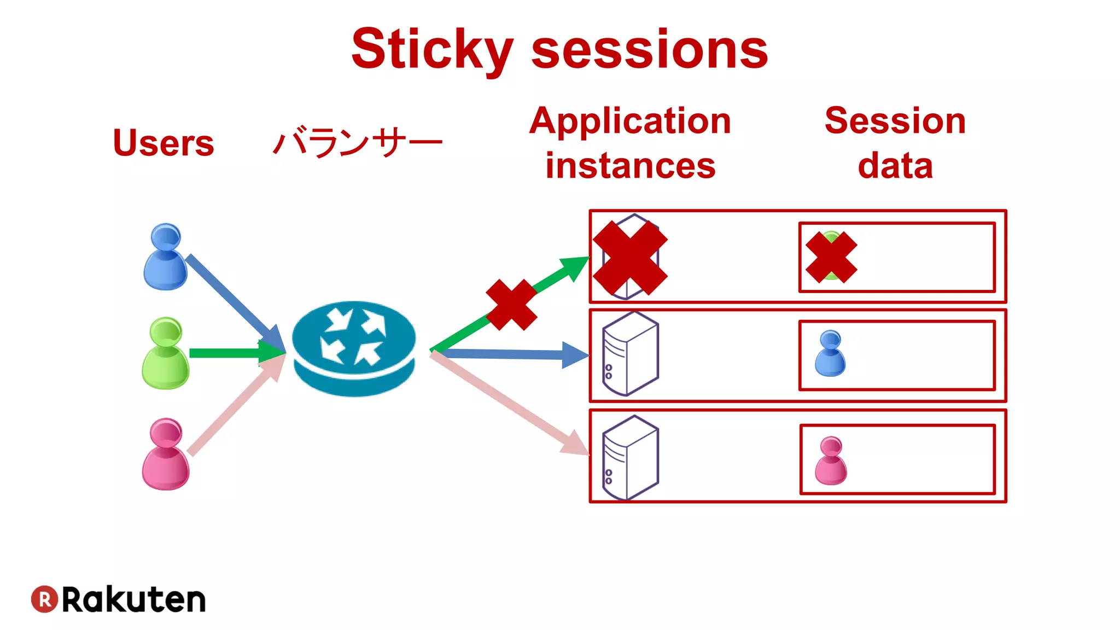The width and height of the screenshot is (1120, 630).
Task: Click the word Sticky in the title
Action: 432,50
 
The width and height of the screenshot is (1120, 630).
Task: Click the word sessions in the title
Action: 650,50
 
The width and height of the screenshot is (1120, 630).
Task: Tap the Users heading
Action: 163,143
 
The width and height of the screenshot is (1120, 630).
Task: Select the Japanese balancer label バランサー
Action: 357,143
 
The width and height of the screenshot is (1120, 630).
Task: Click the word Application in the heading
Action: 630,121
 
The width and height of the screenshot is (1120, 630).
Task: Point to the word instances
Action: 630,166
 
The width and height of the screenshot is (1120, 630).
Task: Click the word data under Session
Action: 895,166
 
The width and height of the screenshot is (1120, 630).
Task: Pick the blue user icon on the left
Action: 165,257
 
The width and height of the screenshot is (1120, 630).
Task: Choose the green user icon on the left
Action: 165,353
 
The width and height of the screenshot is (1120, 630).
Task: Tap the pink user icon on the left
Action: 166,454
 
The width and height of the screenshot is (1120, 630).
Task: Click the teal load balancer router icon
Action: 354,348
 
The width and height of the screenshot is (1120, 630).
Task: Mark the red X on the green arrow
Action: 511,305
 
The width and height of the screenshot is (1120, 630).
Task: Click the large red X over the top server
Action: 630,258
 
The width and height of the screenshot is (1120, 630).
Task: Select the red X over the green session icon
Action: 831,257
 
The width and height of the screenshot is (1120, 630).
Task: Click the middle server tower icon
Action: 630,354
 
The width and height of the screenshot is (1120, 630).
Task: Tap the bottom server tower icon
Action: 630,458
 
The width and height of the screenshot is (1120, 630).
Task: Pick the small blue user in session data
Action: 830,353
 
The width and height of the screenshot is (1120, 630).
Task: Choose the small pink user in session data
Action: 831,460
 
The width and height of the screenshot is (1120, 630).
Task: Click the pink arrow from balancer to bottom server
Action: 509,404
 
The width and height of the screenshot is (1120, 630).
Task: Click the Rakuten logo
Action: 118,599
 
